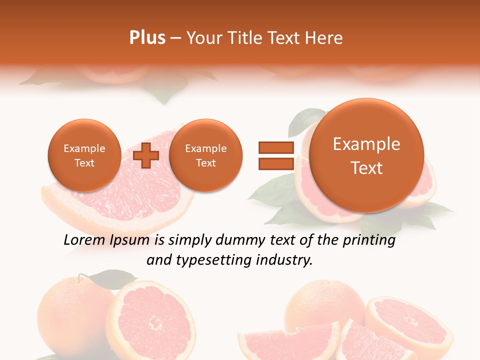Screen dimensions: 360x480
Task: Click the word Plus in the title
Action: click(147, 38)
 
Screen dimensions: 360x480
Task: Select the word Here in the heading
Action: click(325, 38)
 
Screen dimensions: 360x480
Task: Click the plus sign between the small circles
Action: click(145, 155)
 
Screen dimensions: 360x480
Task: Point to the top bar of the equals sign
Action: click(275, 147)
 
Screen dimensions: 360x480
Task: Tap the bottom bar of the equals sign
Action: click(275, 163)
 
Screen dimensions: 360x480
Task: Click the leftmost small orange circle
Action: click(84, 155)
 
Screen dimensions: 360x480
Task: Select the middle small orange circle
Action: click(205, 155)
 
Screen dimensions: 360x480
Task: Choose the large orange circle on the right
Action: click(366, 155)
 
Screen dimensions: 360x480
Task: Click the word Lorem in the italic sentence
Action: click(85, 240)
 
